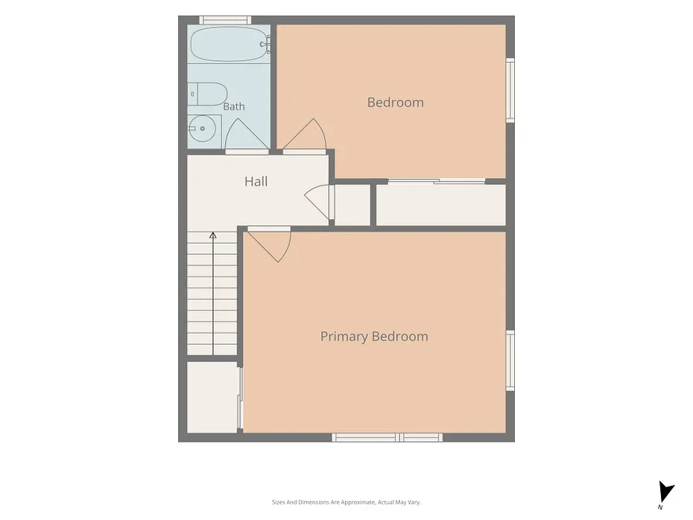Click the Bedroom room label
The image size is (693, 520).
pos(395,103)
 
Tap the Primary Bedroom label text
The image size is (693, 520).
pos(374,337)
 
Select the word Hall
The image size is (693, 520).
pos(256,182)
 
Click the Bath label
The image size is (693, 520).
pos(234,107)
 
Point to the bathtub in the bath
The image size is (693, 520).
pos(229,44)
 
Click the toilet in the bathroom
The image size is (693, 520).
pos(207,94)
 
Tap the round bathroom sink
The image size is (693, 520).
pos(202,129)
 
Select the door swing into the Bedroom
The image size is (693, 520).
pos(305,134)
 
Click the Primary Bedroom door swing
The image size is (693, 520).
pos(269,246)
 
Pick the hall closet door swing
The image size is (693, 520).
pos(317,202)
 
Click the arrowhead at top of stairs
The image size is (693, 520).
pos(212,235)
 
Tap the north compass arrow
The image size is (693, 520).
pos(665,492)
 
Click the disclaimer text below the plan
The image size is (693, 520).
pos(346,502)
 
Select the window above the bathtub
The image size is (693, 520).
pos(225,20)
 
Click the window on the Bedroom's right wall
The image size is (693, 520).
pos(510,90)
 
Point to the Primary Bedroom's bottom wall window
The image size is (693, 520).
pos(387,437)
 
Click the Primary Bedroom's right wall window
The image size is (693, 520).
pos(510,361)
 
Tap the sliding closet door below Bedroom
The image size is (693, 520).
pos(436,181)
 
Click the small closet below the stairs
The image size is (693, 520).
pos(212,398)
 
